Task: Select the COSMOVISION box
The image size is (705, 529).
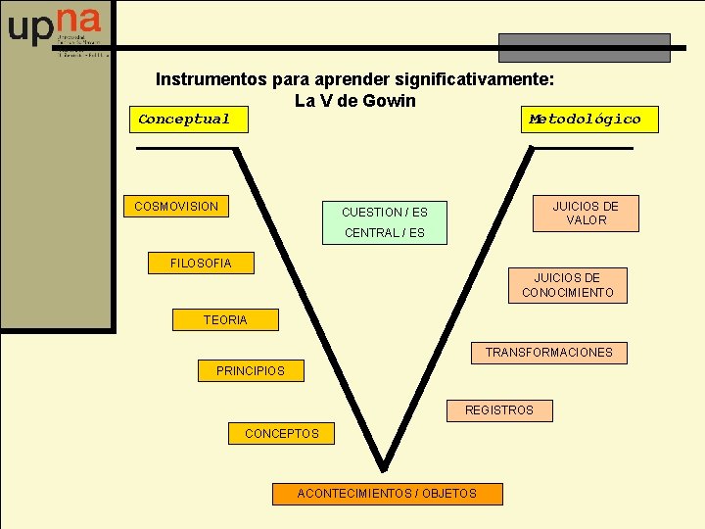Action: coord(176,207)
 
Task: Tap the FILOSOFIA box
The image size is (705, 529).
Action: coord(201,263)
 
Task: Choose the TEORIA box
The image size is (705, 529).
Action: coord(225,319)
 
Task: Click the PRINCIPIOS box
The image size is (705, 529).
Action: coord(251,371)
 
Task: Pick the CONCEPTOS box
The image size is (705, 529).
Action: coord(281,433)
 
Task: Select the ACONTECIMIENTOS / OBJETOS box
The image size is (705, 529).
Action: coord(387,494)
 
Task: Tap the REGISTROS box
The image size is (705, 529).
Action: coord(499,410)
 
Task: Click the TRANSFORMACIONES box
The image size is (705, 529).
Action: coord(548,353)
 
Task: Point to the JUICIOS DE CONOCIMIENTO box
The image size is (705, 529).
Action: coord(568,285)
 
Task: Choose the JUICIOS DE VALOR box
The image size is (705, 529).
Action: coord(586,213)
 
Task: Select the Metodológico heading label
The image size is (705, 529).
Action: coord(585,120)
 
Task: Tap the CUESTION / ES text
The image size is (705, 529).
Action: coord(385,212)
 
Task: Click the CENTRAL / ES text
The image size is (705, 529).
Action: coord(385,233)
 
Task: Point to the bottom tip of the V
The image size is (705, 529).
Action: coord(383,467)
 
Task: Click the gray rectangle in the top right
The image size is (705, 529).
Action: coord(585,47)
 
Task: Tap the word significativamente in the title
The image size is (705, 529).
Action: coord(476,78)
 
